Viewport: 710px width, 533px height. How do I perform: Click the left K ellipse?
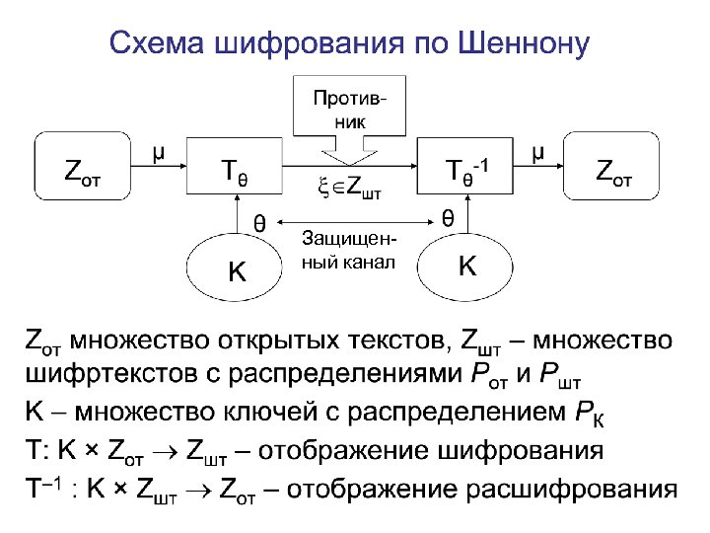(237, 266)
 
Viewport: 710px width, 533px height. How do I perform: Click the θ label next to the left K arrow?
(259, 222)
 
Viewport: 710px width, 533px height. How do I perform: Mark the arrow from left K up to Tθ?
(237, 215)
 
